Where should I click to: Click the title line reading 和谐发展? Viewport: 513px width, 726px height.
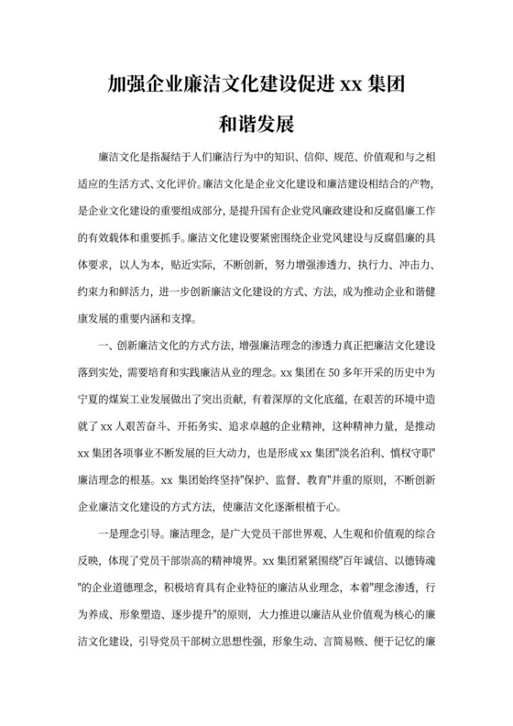[256, 119]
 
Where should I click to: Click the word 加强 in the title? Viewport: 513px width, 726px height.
[123, 86]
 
